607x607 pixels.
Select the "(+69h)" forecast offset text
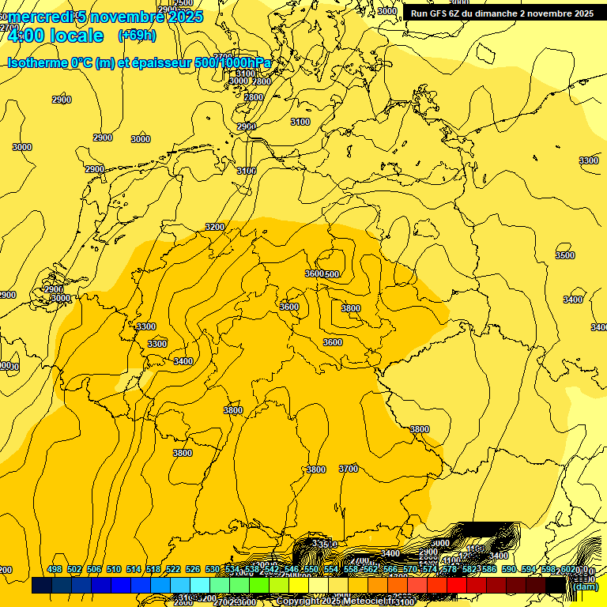point(137,36)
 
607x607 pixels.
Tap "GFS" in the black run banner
point(442,13)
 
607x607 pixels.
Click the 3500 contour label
point(564,255)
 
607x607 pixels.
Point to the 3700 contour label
point(349,469)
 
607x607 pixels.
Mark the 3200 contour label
point(214,227)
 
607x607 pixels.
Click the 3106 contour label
point(247,171)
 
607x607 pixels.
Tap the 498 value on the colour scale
point(55,569)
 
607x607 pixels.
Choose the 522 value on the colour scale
point(173,569)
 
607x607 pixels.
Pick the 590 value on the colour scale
point(509,569)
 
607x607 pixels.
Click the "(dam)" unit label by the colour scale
point(585,586)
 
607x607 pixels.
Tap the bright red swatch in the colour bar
point(456,586)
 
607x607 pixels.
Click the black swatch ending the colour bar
point(555,586)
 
